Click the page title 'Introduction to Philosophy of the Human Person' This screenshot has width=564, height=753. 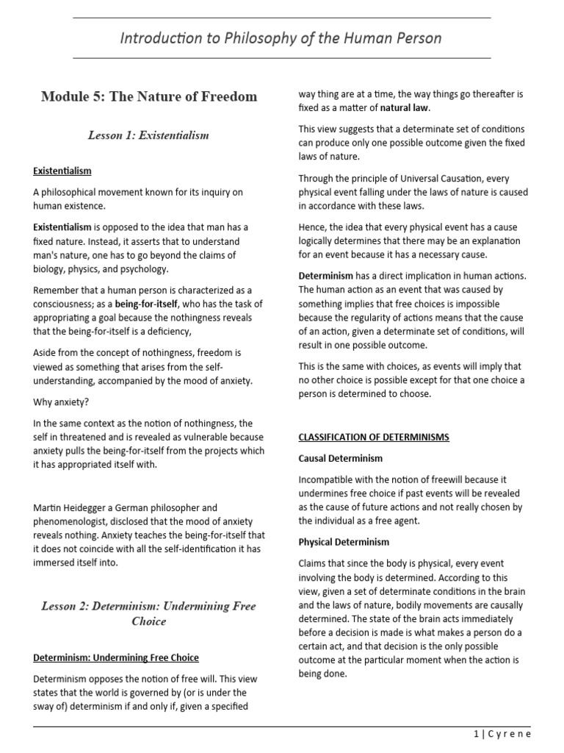(x=281, y=38)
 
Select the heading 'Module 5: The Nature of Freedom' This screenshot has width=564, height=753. (x=149, y=96)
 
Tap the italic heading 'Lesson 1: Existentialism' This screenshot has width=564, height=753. (x=149, y=135)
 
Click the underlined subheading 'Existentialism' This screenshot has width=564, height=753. (x=62, y=171)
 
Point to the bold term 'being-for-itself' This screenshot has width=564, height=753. (x=150, y=304)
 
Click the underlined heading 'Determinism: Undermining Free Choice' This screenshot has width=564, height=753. (x=116, y=657)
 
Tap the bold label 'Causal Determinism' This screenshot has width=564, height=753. (x=341, y=458)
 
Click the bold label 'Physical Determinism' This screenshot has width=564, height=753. (x=344, y=542)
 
